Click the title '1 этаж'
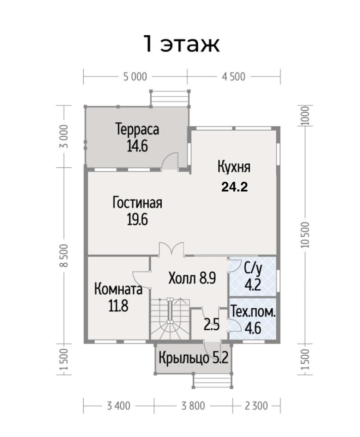181,44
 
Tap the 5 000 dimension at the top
135,77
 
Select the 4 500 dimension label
234,77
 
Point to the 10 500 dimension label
305,235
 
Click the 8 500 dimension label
64,255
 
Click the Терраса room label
137,130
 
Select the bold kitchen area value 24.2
235,187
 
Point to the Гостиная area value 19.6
137,219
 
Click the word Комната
118,289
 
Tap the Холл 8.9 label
192,278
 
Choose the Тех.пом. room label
253,312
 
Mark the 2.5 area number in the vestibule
211,325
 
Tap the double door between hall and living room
172,249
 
